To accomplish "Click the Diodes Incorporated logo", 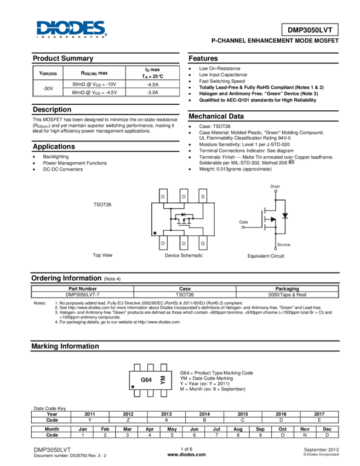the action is pos(71,29).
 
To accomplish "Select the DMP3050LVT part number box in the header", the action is pos(310,30).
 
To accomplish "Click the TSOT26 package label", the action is pos(102,204).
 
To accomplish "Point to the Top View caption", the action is pos(102,255).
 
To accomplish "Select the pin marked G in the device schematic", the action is pos(203,242).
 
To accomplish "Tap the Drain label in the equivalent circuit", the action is pos(275,187).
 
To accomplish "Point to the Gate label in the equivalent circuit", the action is pos(243,222).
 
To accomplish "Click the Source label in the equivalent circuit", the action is pos(283,245).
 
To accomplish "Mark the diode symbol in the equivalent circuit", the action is pos(284,215).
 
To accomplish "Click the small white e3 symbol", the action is pos(291,162).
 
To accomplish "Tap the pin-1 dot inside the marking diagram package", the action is pos(133,387).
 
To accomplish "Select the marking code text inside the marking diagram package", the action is pos(145,379).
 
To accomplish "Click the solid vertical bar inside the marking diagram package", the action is pos(162,379).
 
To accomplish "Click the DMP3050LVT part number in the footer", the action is pos(53,450).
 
